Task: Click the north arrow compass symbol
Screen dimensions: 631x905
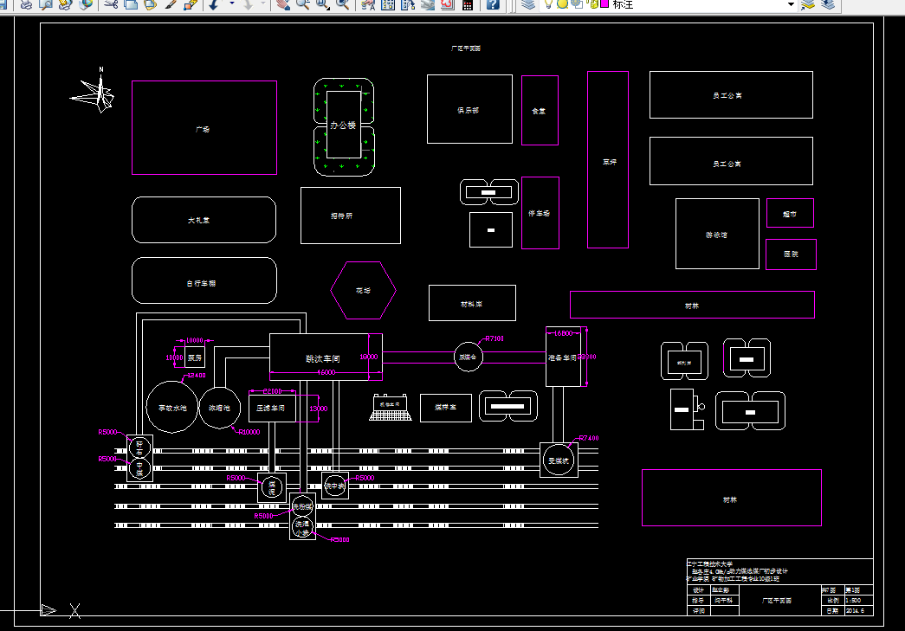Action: (95, 93)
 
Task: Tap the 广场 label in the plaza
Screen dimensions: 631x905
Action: (203, 129)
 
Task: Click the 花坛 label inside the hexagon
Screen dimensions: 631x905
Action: (363, 291)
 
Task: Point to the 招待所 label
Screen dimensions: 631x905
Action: (341, 216)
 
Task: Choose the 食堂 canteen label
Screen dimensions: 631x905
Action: (539, 111)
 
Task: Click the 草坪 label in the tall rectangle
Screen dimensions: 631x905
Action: (609, 162)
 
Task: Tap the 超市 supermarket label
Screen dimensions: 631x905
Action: (789, 214)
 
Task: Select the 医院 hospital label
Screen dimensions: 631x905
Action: (790, 254)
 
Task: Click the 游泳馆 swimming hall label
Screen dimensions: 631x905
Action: (716, 235)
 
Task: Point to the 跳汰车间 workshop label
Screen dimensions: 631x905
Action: (322, 357)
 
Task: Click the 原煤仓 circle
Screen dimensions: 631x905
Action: (469, 357)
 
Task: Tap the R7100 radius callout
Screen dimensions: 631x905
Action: (495, 338)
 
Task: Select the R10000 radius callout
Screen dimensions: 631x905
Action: (249, 431)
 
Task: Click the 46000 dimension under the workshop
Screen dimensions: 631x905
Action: (326, 372)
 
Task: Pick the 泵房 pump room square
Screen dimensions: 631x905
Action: (195, 357)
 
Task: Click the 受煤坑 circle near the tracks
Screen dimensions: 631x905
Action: (559, 460)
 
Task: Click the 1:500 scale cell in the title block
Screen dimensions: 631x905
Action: (853, 600)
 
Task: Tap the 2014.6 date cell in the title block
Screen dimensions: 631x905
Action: (855, 610)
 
